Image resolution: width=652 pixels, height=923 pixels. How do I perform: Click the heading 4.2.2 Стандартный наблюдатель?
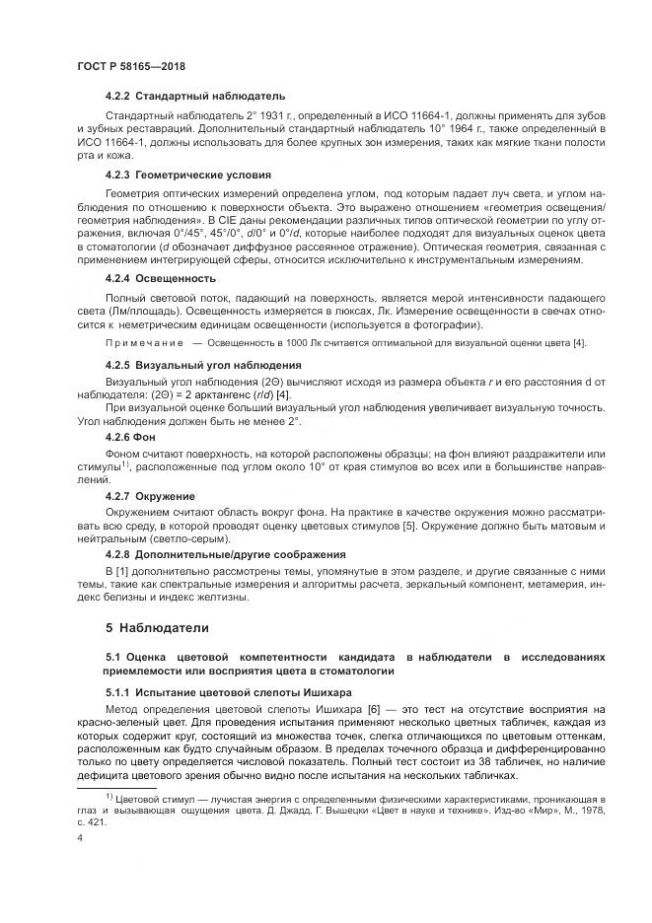pos(194,97)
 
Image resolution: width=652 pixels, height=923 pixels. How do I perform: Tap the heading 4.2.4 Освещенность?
pos(161,278)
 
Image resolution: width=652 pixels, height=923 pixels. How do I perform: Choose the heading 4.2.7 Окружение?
pos(149,495)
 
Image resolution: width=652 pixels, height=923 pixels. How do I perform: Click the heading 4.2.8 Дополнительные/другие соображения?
pos(225,554)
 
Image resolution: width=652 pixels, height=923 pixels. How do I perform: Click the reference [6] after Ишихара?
pos(374,710)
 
